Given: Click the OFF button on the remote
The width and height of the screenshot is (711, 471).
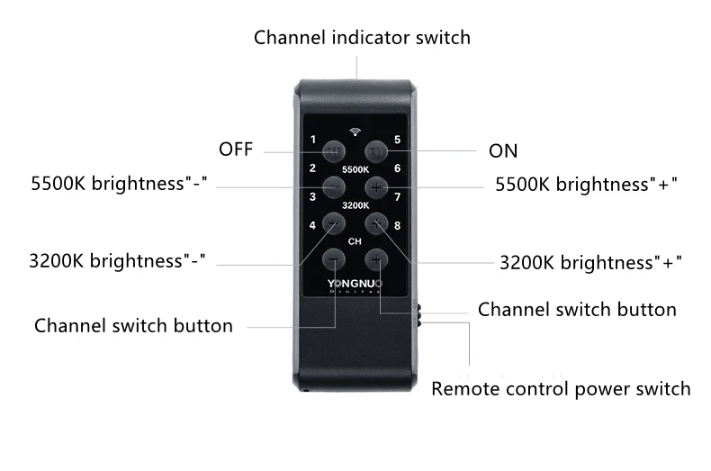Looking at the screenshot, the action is point(335,150).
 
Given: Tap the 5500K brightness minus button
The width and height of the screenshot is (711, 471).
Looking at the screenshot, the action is point(335,186).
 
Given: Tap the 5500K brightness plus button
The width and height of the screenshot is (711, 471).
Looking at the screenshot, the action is point(376,186).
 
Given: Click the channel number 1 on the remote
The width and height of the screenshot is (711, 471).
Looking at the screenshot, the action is point(312,140).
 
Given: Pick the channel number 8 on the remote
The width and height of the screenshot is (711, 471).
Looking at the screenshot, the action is point(397,226).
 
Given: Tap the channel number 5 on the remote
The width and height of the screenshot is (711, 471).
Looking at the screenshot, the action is point(397,140).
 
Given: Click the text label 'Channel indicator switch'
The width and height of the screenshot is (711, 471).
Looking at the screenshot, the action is point(362,38).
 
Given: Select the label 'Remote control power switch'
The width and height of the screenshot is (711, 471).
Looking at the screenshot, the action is point(561,389).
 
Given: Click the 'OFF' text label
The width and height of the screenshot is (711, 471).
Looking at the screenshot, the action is point(236,149).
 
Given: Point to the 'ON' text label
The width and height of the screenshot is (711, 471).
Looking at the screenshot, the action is point(503,150).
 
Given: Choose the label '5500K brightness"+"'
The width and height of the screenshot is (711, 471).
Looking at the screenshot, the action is point(587,185).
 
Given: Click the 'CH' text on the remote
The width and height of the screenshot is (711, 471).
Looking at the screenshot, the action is point(355,241).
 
